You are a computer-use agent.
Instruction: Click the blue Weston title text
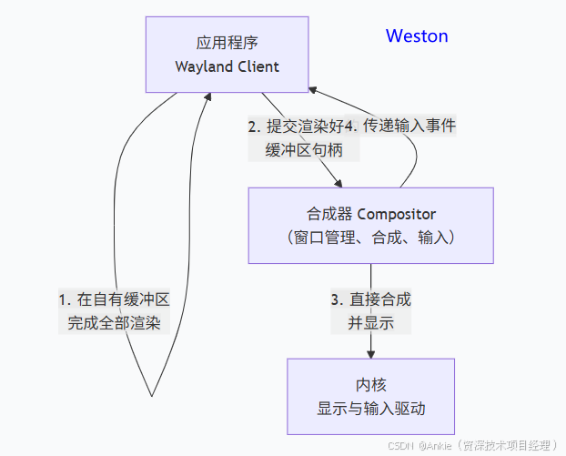pos(417,36)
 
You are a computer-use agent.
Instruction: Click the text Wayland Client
pos(227,66)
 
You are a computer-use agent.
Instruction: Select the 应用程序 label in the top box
pos(227,44)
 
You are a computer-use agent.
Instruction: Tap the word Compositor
pos(397,215)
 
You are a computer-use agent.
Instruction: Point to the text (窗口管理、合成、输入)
pos(370,238)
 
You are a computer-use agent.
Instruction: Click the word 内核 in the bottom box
pos(370,385)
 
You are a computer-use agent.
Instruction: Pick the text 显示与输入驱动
pos(370,409)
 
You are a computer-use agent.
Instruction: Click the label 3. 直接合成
pos(370,299)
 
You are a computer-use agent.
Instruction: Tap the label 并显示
pos(370,322)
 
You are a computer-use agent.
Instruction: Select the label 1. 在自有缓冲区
pos(115,299)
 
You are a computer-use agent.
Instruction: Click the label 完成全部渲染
pos(115,322)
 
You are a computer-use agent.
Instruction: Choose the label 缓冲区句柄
pos(304,150)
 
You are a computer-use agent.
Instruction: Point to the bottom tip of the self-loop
pos(151,396)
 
